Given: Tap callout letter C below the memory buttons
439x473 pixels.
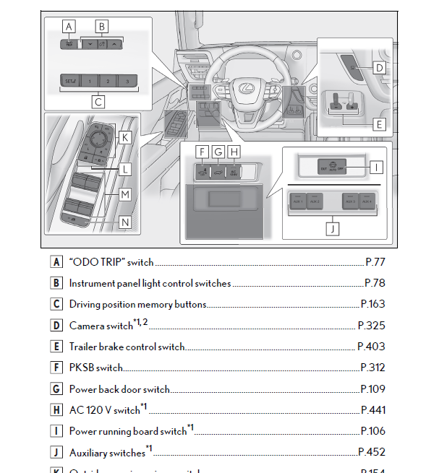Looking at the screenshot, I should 98,102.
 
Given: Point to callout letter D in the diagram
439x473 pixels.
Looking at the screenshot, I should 379,69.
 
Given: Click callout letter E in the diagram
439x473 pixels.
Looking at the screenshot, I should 379,124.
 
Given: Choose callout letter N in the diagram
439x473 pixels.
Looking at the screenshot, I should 124,222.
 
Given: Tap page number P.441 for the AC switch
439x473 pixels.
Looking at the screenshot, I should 373,410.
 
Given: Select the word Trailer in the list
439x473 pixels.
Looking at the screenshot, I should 83,347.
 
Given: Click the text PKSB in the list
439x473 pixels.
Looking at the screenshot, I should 82,368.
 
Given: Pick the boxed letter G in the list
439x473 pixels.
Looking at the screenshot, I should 56,389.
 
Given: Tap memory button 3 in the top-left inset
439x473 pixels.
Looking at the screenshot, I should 127,82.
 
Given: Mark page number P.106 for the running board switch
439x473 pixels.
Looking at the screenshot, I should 373,432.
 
